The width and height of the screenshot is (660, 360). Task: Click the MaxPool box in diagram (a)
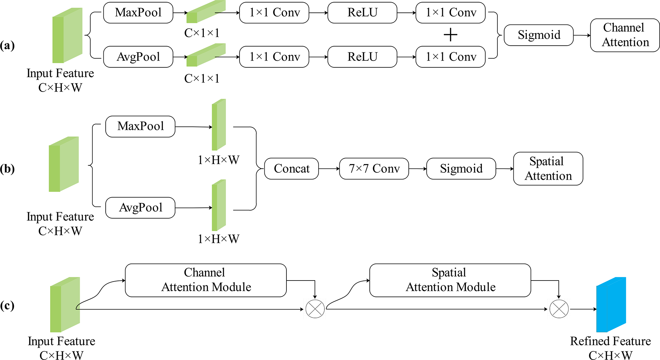(x=138, y=13)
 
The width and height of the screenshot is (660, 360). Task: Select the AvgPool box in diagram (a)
(x=138, y=57)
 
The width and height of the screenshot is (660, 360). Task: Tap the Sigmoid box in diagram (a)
(x=539, y=35)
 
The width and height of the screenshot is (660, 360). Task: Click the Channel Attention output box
(x=625, y=35)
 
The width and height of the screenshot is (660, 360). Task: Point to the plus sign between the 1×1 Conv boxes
(x=451, y=35)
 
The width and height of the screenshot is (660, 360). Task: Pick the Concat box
(x=292, y=169)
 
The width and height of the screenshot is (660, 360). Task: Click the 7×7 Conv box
(x=374, y=169)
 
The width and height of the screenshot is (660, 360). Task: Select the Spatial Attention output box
(x=548, y=169)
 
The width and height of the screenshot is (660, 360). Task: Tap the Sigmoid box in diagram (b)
(x=461, y=169)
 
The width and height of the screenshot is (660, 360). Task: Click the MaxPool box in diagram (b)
(x=140, y=126)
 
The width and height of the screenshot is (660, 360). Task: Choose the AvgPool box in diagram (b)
(x=140, y=208)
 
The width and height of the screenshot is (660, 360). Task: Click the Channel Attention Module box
(x=206, y=280)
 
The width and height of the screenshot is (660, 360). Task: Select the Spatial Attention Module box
(x=450, y=280)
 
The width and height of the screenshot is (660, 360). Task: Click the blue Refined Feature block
(x=611, y=305)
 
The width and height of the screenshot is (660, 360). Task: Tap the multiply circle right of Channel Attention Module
(x=315, y=309)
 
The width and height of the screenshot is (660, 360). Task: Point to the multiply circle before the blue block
(x=559, y=309)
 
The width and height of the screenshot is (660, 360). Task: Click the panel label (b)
(x=7, y=169)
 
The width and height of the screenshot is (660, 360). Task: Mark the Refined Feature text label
(x=610, y=341)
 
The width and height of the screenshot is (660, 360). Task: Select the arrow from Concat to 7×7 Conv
(x=329, y=169)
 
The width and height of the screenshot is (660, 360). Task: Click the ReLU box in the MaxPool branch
(x=362, y=13)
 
